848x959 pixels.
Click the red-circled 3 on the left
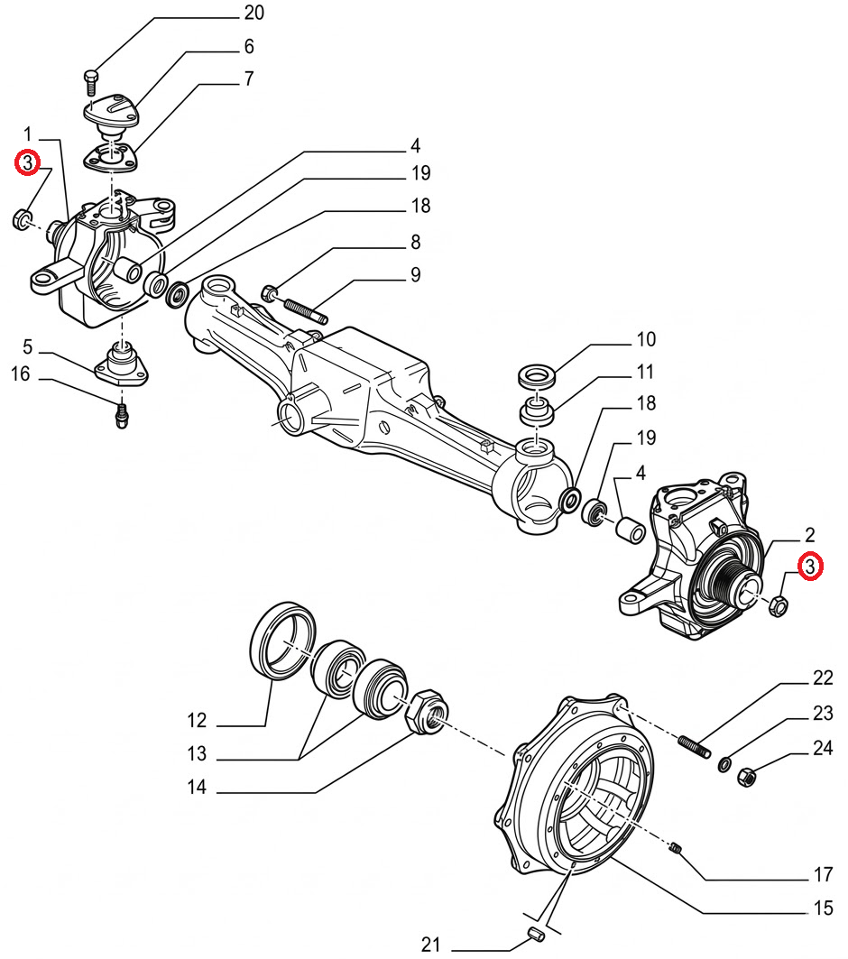tap(28, 163)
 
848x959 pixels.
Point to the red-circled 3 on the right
tap(810, 567)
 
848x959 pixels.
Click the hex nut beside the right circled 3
tap(780, 605)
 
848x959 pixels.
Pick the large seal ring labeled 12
tap(282, 639)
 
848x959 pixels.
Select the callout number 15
tap(823, 908)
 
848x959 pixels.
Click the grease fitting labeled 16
tap(122, 415)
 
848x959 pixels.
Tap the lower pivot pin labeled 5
tap(123, 363)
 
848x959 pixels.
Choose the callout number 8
tap(415, 242)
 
